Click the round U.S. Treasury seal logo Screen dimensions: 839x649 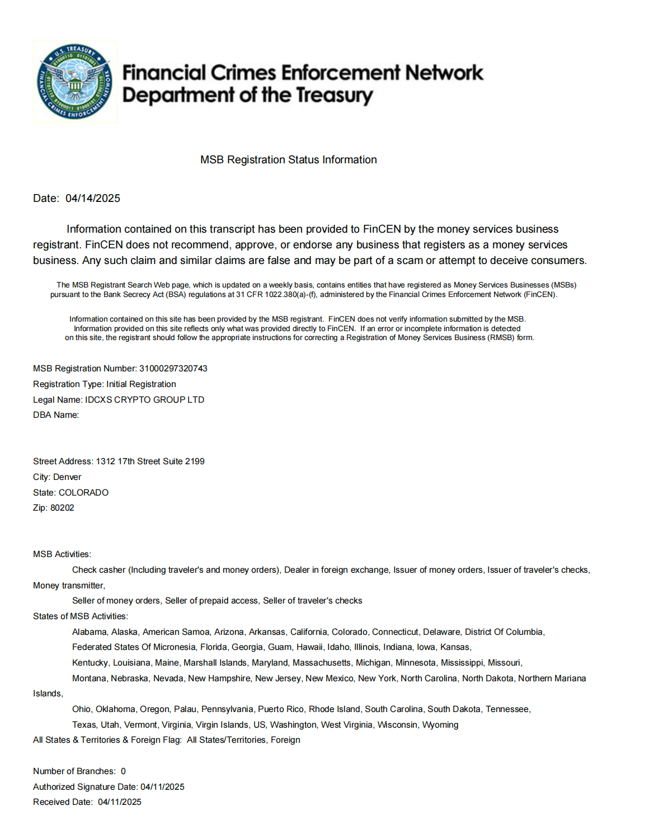74,82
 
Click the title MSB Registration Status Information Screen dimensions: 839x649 288,160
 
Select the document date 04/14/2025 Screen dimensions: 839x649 93,199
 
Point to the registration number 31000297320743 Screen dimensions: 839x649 173,369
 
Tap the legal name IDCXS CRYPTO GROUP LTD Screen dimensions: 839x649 144,400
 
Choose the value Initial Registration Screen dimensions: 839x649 141,384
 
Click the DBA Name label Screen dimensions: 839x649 55,415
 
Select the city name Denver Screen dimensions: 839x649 67,477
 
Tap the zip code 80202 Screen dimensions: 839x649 62,508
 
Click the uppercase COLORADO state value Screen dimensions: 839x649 84,493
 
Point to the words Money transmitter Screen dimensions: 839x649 68,586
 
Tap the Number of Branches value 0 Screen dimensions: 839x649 123,771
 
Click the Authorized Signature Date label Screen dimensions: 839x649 85,787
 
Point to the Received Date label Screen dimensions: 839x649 63,802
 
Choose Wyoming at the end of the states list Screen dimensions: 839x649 440,725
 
